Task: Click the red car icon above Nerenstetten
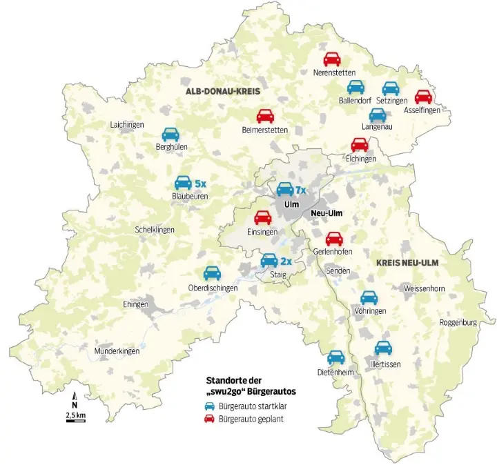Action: point(332,59)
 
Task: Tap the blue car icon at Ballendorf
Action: point(355,88)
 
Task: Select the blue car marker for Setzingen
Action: point(391,88)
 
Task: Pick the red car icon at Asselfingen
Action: point(422,97)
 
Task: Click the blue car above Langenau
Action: point(377,115)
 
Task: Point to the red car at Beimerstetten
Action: point(265,116)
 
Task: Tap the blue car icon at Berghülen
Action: point(170,135)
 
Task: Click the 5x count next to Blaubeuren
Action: point(201,184)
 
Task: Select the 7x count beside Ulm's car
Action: point(300,190)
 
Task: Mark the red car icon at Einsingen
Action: point(262,218)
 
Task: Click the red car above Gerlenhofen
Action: point(334,239)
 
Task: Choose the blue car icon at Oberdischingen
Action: point(212,274)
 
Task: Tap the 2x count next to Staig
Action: point(286,261)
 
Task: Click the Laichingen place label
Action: point(127,125)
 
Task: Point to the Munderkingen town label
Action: point(117,351)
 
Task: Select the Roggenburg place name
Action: point(458,322)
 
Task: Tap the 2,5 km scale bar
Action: point(75,419)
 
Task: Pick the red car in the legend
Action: point(210,419)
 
